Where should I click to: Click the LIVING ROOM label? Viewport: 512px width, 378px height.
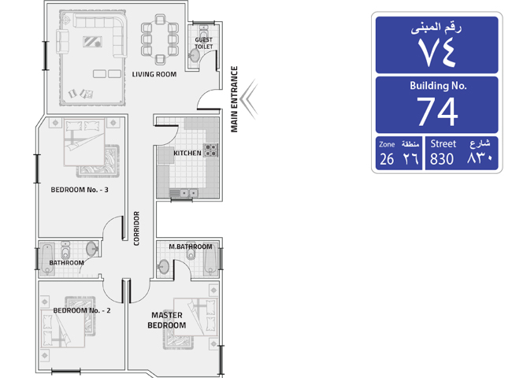pyautogui.click(x=154, y=75)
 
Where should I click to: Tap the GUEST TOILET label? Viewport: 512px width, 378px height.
pyautogui.click(x=204, y=43)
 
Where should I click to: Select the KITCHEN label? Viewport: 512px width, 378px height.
pyautogui.click(x=187, y=153)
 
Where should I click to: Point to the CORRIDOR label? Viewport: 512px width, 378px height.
pyautogui.click(x=136, y=228)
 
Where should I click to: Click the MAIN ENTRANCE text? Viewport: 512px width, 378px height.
pyautogui.click(x=234, y=99)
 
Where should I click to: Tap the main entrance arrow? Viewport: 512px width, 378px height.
pyautogui.click(x=249, y=98)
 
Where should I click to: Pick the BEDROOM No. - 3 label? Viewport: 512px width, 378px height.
pyautogui.click(x=80, y=190)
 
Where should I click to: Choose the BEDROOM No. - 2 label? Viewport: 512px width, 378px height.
pyautogui.click(x=82, y=310)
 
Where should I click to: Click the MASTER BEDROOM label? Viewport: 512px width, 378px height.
pyautogui.click(x=167, y=321)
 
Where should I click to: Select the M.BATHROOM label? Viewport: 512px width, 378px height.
pyautogui.click(x=191, y=246)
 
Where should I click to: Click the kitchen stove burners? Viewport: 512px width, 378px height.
pyautogui.click(x=210, y=150)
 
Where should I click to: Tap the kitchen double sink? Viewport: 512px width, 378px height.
pyautogui.click(x=188, y=193)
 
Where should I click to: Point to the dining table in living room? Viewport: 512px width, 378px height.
pyautogui.click(x=160, y=39)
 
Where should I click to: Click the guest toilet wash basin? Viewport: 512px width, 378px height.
pyautogui.click(x=194, y=56)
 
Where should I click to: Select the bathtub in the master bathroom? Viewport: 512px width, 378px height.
pyautogui.click(x=211, y=259)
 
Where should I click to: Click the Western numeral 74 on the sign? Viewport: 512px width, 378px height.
pyautogui.click(x=437, y=111)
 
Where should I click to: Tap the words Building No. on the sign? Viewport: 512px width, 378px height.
pyautogui.click(x=438, y=86)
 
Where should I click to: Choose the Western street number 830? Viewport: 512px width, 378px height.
pyautogui.click(x=441, y=159)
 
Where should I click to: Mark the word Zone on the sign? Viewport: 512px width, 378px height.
pyautogui.click(x=387, y=144)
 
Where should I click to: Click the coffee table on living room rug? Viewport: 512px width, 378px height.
pyautogui.click(x=92, y=42)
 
